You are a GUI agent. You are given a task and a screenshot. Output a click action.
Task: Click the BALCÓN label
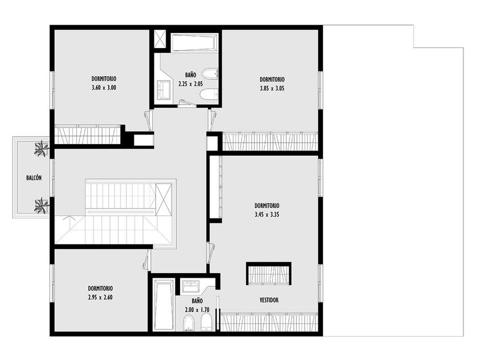pos(34,178)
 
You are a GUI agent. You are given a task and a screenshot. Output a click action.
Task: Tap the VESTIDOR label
pos(269,300)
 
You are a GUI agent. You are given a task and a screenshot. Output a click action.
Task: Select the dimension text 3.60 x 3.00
pos(104,87)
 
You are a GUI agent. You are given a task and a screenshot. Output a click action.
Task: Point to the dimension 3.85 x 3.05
pos(272,89)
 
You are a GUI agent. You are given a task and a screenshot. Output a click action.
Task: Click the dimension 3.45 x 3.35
pos(267,215)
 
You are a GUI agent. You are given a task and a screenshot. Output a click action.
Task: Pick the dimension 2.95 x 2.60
pos(100,297)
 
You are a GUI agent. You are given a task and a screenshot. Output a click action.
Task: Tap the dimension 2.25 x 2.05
pos(191,83)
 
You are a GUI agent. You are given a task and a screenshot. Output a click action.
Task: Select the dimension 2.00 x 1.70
pos(197,310)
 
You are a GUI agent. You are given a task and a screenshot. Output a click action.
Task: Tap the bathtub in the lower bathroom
pos(163,304)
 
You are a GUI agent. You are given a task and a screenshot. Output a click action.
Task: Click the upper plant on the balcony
pos(41,149)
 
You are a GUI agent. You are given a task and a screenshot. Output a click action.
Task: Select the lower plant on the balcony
pos(41,205)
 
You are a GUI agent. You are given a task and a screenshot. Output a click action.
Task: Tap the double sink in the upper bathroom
pos(165,90)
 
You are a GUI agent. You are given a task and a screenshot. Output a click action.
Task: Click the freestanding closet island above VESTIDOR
pos(269,274)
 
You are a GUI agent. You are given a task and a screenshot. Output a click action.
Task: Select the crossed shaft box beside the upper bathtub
pos(159,39)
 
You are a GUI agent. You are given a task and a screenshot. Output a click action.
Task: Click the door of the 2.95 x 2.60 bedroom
pos(147,259)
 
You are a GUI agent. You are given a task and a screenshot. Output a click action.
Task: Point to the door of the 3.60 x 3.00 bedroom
pos(149,121)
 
